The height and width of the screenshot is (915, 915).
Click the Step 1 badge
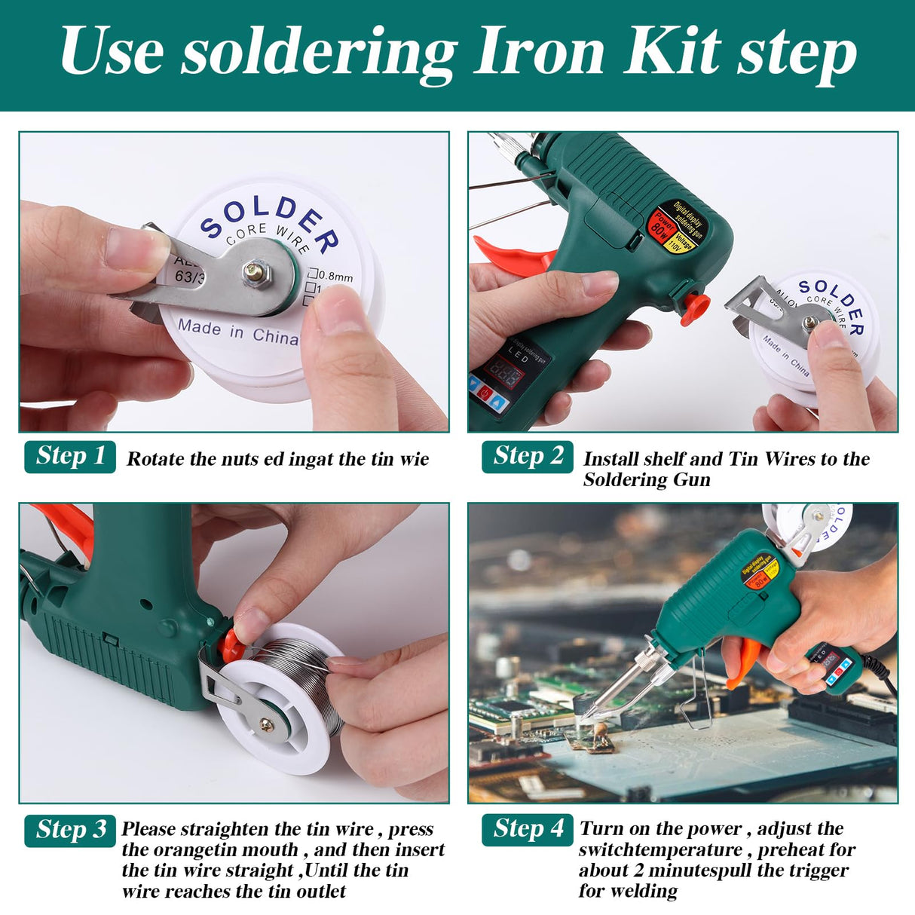coord(70,456)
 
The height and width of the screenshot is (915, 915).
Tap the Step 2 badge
coord(528,456)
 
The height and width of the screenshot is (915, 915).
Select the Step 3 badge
coord(70,830)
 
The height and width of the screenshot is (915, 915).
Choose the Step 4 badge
coord(528,829)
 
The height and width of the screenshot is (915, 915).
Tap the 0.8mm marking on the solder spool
coord(335,276)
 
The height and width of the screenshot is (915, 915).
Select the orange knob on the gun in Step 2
coord(695,308)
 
